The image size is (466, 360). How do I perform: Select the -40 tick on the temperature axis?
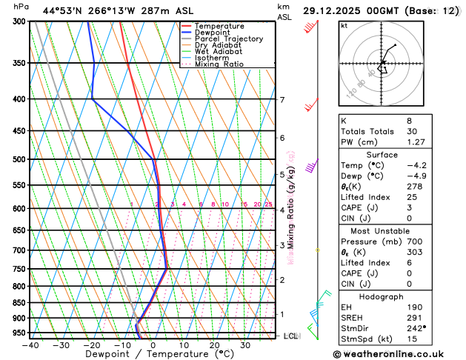pos(30,345)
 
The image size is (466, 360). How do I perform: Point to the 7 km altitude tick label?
pos(282,100)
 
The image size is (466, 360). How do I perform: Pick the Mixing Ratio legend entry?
pos(219,64)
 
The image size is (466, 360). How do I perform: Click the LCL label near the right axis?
pos(291,336)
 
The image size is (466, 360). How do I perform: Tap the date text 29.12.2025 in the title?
pos(331,11)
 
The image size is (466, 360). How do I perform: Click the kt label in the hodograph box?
pos(344,25)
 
